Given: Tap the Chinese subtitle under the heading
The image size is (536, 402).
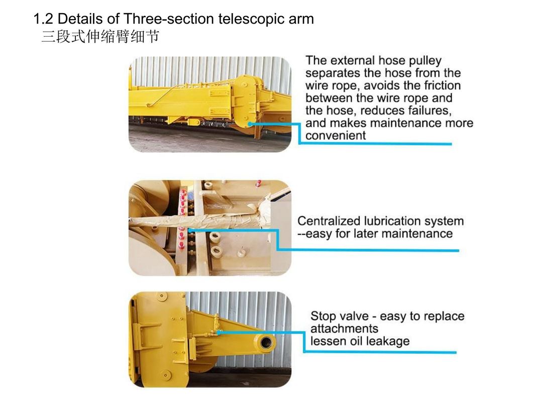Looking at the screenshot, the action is pos(100,36).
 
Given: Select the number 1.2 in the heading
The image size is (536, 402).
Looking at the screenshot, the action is pos(43,19).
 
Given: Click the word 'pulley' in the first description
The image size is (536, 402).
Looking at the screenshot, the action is pos(425,61).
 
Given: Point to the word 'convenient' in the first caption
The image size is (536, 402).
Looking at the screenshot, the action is pos(336,135).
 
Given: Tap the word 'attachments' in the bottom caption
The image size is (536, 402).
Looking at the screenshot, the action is pos(344,329).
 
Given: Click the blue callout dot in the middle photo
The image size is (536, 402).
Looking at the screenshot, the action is pos(189,231).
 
